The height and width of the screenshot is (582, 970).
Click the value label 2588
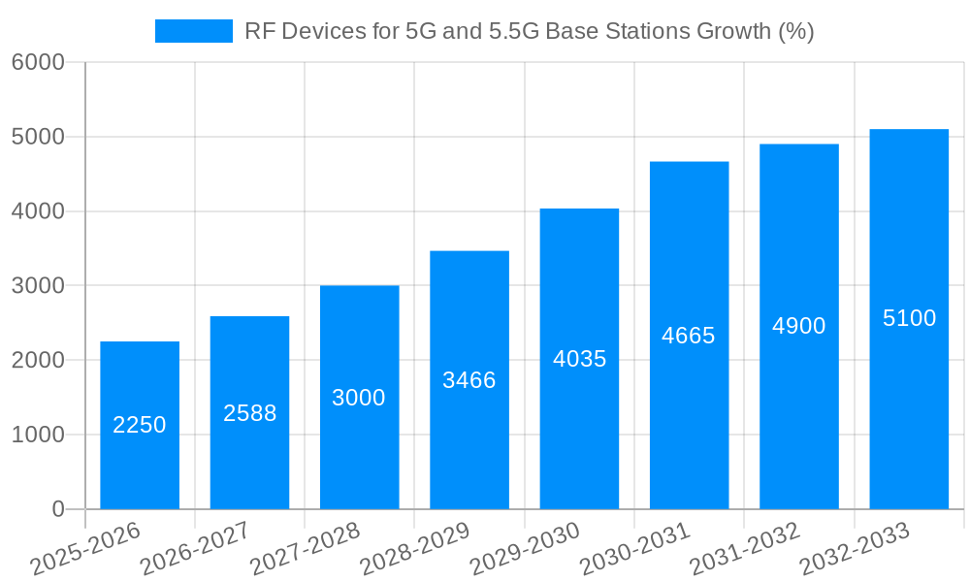coord(249,413)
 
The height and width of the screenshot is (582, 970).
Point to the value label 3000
coord(359,398)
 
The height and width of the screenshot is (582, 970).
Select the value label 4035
coord(579,359)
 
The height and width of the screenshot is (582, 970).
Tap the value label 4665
coord(689,336)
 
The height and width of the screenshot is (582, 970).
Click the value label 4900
coord(799,326)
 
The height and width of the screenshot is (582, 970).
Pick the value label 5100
coord(909,318)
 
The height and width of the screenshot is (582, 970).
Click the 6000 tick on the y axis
coord(38,63)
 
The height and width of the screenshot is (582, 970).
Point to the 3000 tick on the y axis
coord(38,286)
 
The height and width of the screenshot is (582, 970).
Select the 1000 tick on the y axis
coord(38,436)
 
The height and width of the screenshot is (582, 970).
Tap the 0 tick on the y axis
coord(57,509)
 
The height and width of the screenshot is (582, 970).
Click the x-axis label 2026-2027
coord(195,549)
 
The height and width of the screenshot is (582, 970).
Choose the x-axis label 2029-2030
coord(525,549)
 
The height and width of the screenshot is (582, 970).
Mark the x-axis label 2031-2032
coord(745,549)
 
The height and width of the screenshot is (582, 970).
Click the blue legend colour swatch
coord(194,31)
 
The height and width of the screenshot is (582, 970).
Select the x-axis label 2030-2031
coord(634,549)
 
